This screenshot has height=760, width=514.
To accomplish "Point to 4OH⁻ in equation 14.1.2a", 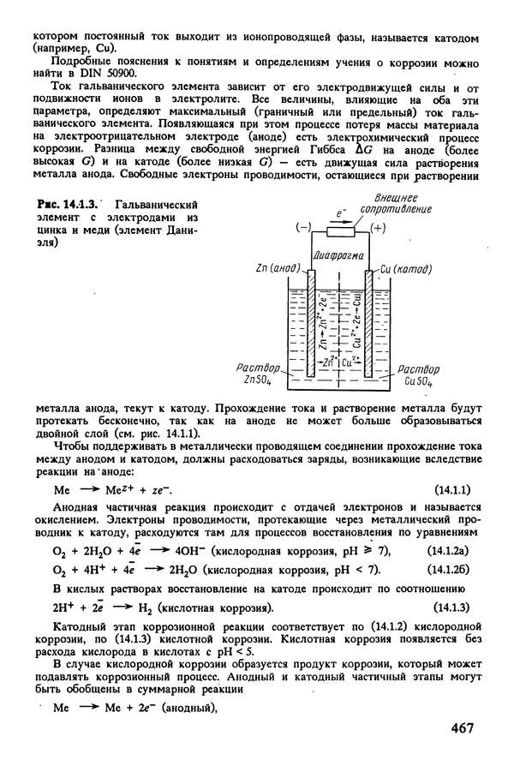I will click(x=192, y=552).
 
